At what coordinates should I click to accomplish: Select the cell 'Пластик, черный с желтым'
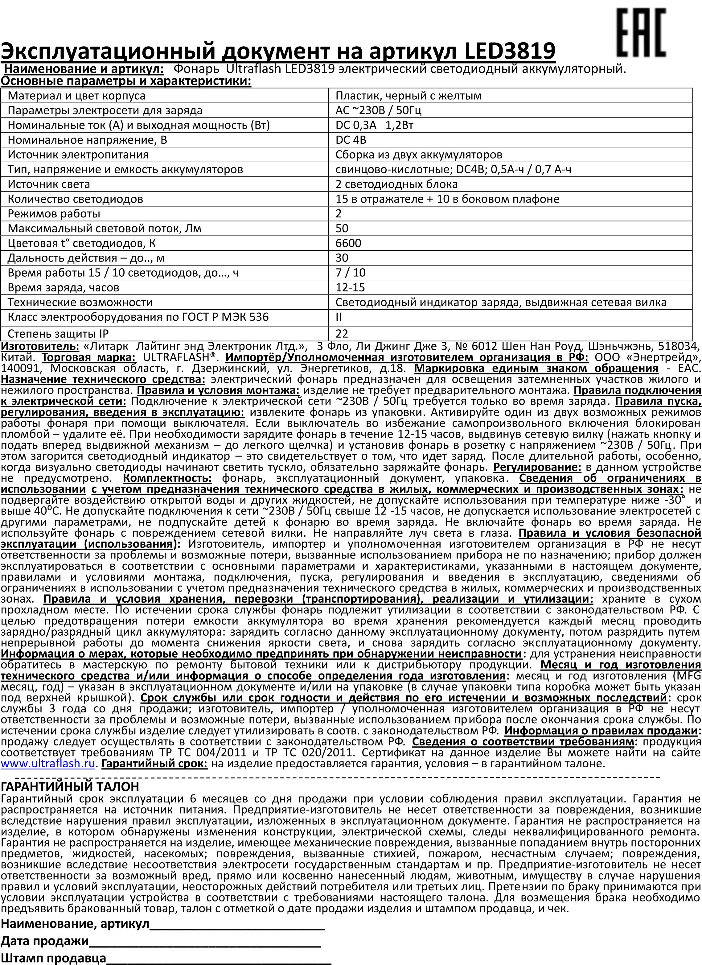tap(408, 96)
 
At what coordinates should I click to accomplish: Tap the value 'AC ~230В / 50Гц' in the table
tap(378, 111)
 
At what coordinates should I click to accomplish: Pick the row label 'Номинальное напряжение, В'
tap(87, 140)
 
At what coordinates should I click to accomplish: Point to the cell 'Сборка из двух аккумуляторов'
tap(419, 155)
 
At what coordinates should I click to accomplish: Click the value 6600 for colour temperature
tap(348, 243)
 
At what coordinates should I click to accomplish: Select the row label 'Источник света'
tap(49, 184)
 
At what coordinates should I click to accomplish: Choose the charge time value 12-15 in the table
tap(350, 288)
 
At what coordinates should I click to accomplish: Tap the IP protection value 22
tap(342, 334)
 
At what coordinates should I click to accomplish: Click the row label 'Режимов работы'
tap(54, 214)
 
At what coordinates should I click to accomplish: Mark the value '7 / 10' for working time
tap(350, 273)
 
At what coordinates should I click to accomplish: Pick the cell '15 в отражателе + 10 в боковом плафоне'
tap(447, 199)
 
